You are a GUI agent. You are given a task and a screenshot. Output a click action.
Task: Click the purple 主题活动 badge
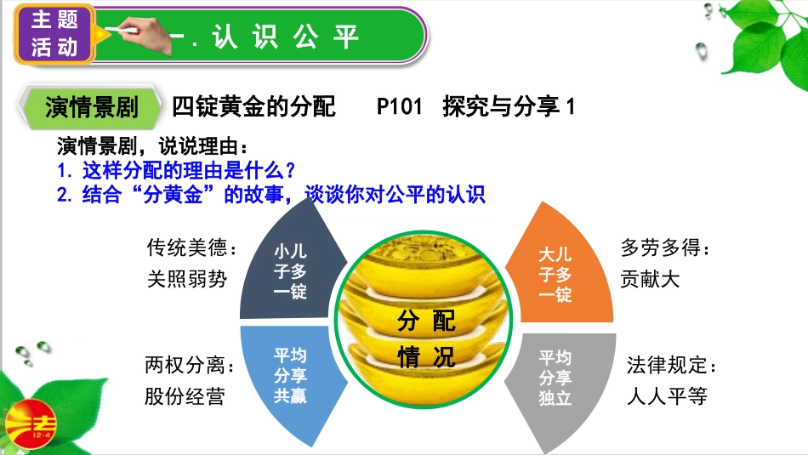coord(54,34)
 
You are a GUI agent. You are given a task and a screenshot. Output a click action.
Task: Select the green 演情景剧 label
coord(92,107)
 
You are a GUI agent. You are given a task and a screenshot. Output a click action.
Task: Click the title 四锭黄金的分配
coord(253,107)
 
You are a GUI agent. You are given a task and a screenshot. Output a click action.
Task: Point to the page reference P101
coord(399,107)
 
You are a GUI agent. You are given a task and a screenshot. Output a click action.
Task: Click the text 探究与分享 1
coord(509,107)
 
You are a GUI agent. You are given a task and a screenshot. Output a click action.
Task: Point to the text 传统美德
coord(191,248)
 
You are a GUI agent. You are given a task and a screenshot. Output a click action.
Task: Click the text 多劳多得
coord(664,248)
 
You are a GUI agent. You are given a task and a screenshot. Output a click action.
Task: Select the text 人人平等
coord(667,396)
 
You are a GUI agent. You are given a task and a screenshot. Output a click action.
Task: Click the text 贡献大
coord(651,279)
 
